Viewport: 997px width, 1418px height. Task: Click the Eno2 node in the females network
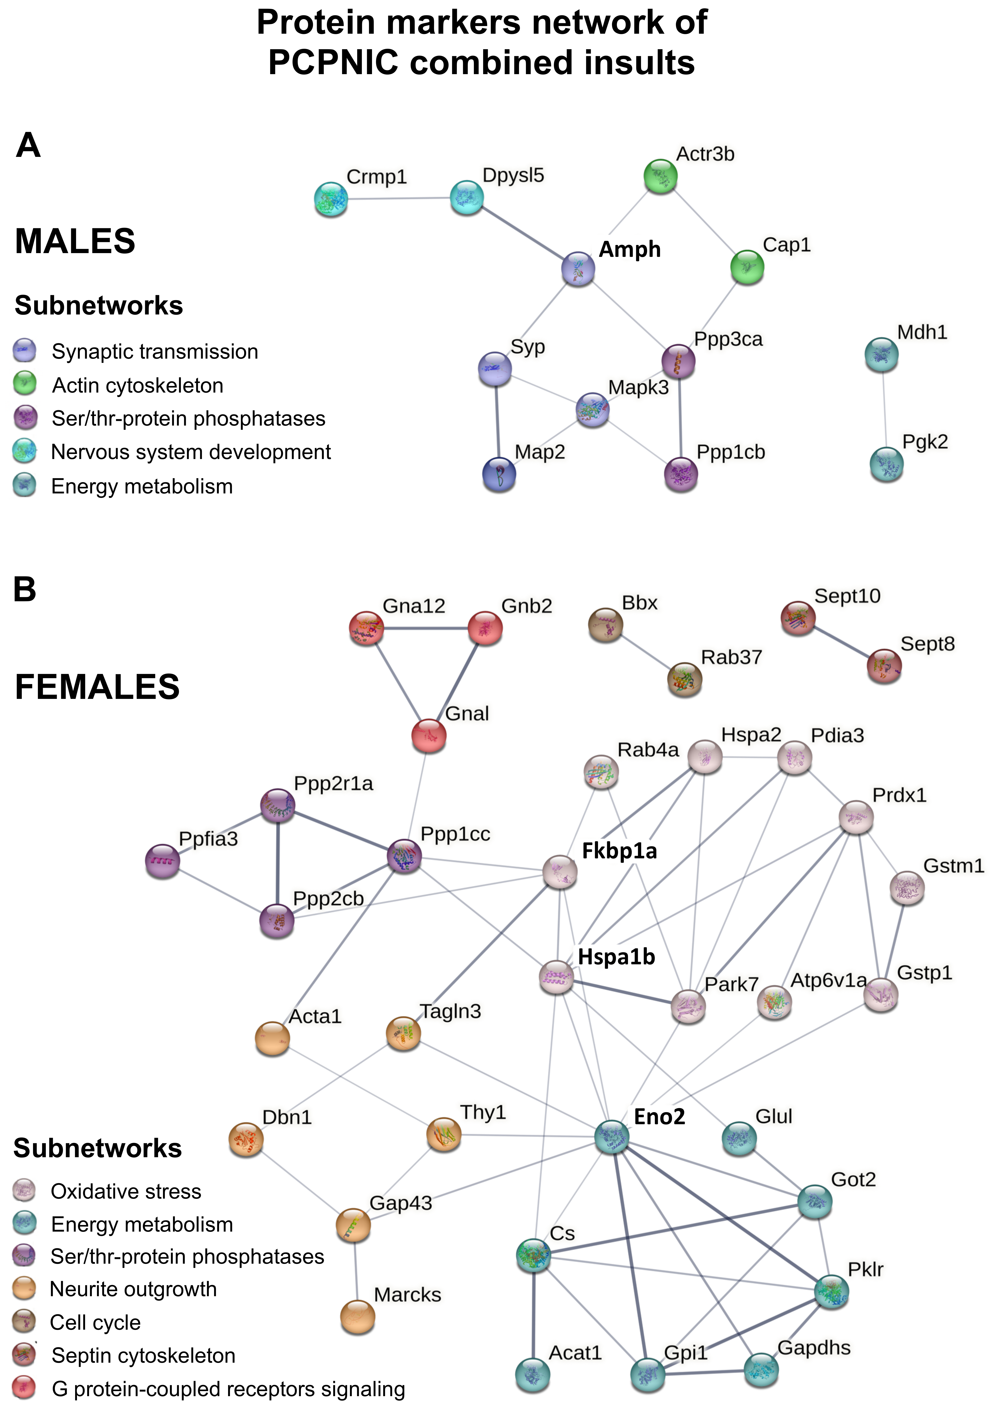tap(611, 1136)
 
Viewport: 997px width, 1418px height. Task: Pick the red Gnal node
tap(429, 736)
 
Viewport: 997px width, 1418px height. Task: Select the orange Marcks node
tap(358, 1317)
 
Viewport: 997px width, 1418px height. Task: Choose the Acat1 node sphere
tap(532, 1375)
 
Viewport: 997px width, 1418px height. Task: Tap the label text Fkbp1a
tap(619, 851)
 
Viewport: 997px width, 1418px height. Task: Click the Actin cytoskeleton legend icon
tap(25, 383)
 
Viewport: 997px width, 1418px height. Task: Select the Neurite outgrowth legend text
tap(133, 1289)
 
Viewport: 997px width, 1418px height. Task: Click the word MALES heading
tap(75, 241)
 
